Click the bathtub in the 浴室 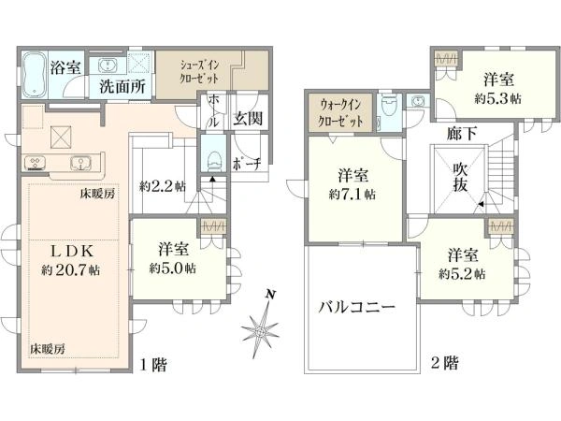tap(35, 75)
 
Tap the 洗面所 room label tap(122, 86)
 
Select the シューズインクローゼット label tap(199, 72)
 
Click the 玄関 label tap(248, 118)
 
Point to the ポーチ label tap(247, 164)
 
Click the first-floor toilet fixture tap(214, 160)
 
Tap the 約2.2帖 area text tap(163, 186)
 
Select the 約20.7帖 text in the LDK tap(70, 270)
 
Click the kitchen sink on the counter tap(80, 164)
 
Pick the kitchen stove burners tap(36, 163)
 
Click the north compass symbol tap(261, 326)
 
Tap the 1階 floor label tap(153, 365)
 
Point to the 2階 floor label tap(444, 363)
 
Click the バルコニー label tap(357, 307)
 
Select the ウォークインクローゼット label tap(341, 113)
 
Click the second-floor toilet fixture tap(387, 105)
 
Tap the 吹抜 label tap(460, 177)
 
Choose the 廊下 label tap(462, 134)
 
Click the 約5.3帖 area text tap(497, 98)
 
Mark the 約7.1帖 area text tap(352, 195)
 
